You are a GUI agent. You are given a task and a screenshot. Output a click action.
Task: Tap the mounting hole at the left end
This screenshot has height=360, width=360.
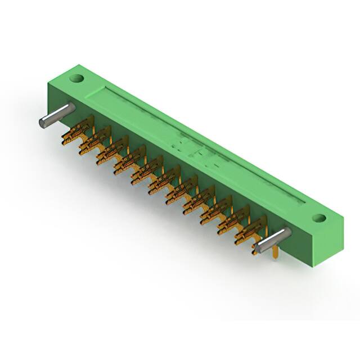click(78, 79)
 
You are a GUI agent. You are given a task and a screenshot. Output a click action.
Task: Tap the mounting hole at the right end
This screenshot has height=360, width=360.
click(318, 217)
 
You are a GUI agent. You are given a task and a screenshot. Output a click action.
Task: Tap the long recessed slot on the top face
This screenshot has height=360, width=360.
click(197, 141)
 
